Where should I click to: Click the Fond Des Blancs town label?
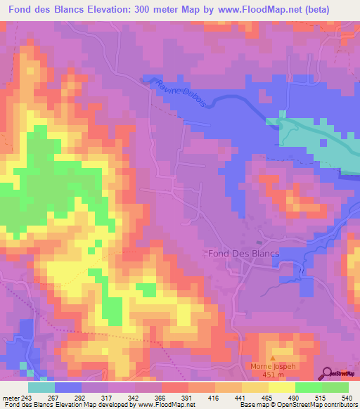(x=244, y=254)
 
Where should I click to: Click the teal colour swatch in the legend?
(x=41, y=387)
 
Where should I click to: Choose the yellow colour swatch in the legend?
(x=281, y=387)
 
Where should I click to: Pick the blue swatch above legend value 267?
(x=68, y=387)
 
